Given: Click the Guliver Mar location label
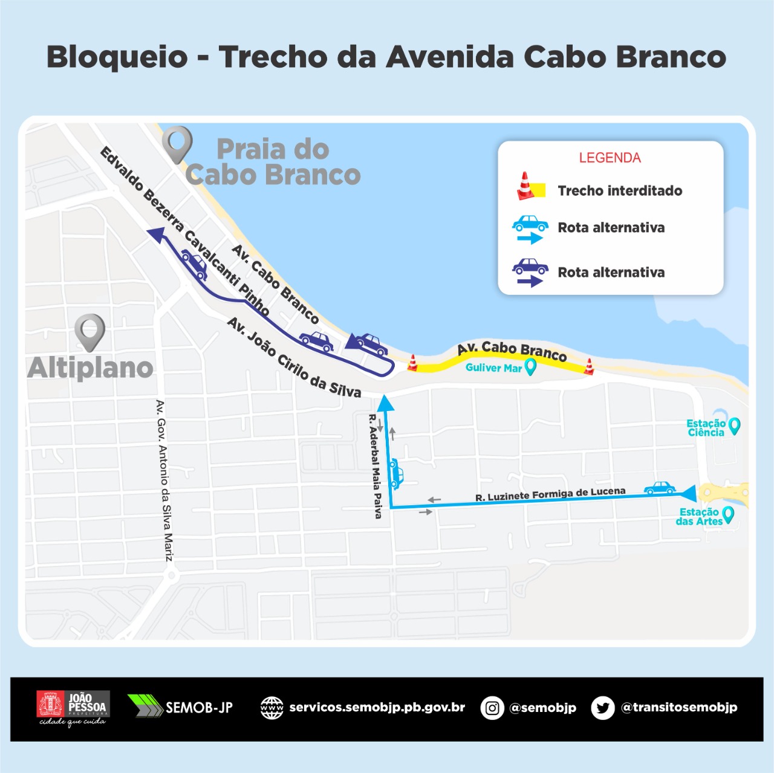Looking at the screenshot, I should pos(493,367).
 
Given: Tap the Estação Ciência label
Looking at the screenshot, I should pos(706,428).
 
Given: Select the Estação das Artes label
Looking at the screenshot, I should pos(699,517).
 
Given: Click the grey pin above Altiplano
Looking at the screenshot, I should pos(90,332).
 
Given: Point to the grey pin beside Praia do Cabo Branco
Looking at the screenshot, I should pos(177,144).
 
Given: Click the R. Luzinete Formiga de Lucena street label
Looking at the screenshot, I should pos(550,494).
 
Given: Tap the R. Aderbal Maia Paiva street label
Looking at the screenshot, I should pos(376,466).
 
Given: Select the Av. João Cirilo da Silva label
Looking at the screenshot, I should pos(294,358).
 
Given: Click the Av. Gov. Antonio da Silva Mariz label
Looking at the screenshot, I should pos(164,480).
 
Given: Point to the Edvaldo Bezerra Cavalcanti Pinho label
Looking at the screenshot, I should pos(184,230).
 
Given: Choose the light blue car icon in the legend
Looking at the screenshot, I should pos(530,224).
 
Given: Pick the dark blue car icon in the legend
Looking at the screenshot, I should pos(530,266).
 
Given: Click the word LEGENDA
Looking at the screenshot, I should pos(610,158).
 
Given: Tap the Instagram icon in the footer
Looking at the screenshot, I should pos(492,708).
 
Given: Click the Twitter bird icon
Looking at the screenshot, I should pos(602,708).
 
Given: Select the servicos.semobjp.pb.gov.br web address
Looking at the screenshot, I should pos(377,708).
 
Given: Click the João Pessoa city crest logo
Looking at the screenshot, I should pos(51,705).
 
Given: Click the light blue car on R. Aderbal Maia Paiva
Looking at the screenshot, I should pos(396,473).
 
